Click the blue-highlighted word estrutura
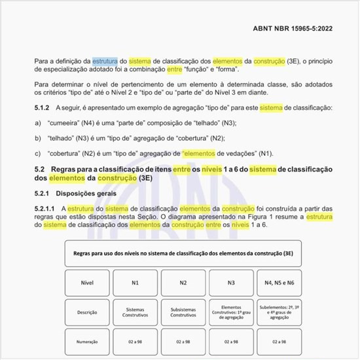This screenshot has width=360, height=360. click(105, 61)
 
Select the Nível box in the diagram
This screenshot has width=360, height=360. click(88, 282)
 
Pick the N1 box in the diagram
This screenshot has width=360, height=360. click(134, 282)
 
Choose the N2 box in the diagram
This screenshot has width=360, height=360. click(183, 282)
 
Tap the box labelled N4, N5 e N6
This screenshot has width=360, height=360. click(279, 282)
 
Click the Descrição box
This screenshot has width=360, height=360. click(88, 312)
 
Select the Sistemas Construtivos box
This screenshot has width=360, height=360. click(134, 312)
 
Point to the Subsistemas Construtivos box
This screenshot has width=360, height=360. click(183, 312)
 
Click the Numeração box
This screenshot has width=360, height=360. click(88, 341)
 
